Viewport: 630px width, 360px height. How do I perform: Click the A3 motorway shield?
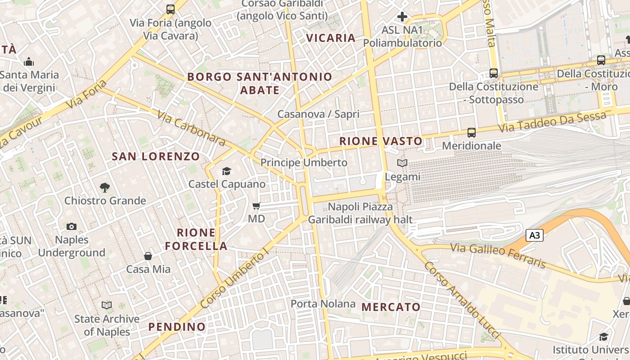(534, 235)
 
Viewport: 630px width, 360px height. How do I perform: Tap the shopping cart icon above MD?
(256, 206)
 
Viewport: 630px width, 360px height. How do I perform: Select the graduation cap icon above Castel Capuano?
(226, 171)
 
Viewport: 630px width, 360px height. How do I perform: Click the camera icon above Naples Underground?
(71, 226)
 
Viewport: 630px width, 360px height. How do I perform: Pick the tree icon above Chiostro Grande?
(105, 187)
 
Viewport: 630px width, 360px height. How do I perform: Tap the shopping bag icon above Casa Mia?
(148, 256)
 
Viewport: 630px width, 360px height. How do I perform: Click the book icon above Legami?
(402, 163)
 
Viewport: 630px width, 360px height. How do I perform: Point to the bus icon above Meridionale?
(471, 133)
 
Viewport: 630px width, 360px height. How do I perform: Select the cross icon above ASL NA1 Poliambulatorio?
(402, 17)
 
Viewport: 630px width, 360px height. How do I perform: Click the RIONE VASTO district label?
(381, 141)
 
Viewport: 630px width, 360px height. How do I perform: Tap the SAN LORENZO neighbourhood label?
(156, 157)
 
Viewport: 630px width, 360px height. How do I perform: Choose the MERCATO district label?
(391, 307)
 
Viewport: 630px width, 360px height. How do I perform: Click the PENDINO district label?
(177, 327)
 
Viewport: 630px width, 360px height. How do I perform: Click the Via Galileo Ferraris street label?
(507, 255)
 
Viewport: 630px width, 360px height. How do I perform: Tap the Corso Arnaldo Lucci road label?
(462, 300)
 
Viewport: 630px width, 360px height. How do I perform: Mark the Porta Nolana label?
(323, 304)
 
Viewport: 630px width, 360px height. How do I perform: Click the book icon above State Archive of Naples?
(107, 306)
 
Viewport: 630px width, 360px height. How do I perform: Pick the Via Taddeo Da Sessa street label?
(552, 122)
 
